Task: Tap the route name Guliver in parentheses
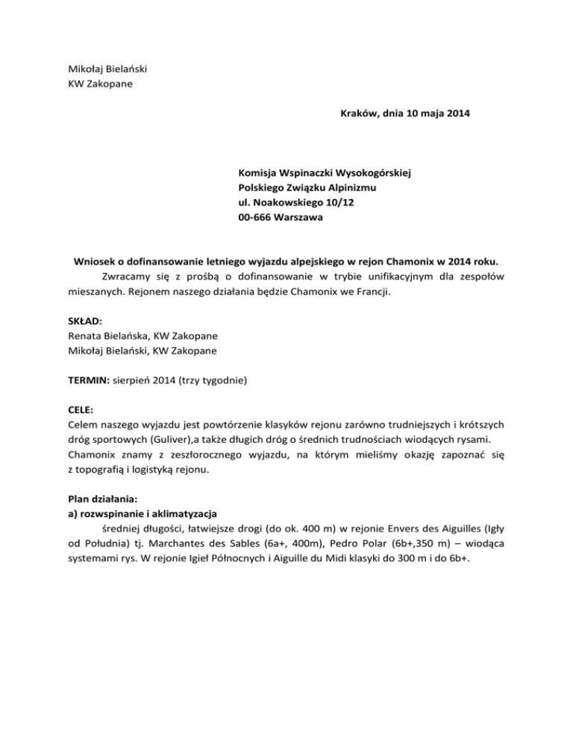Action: point(151,437)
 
